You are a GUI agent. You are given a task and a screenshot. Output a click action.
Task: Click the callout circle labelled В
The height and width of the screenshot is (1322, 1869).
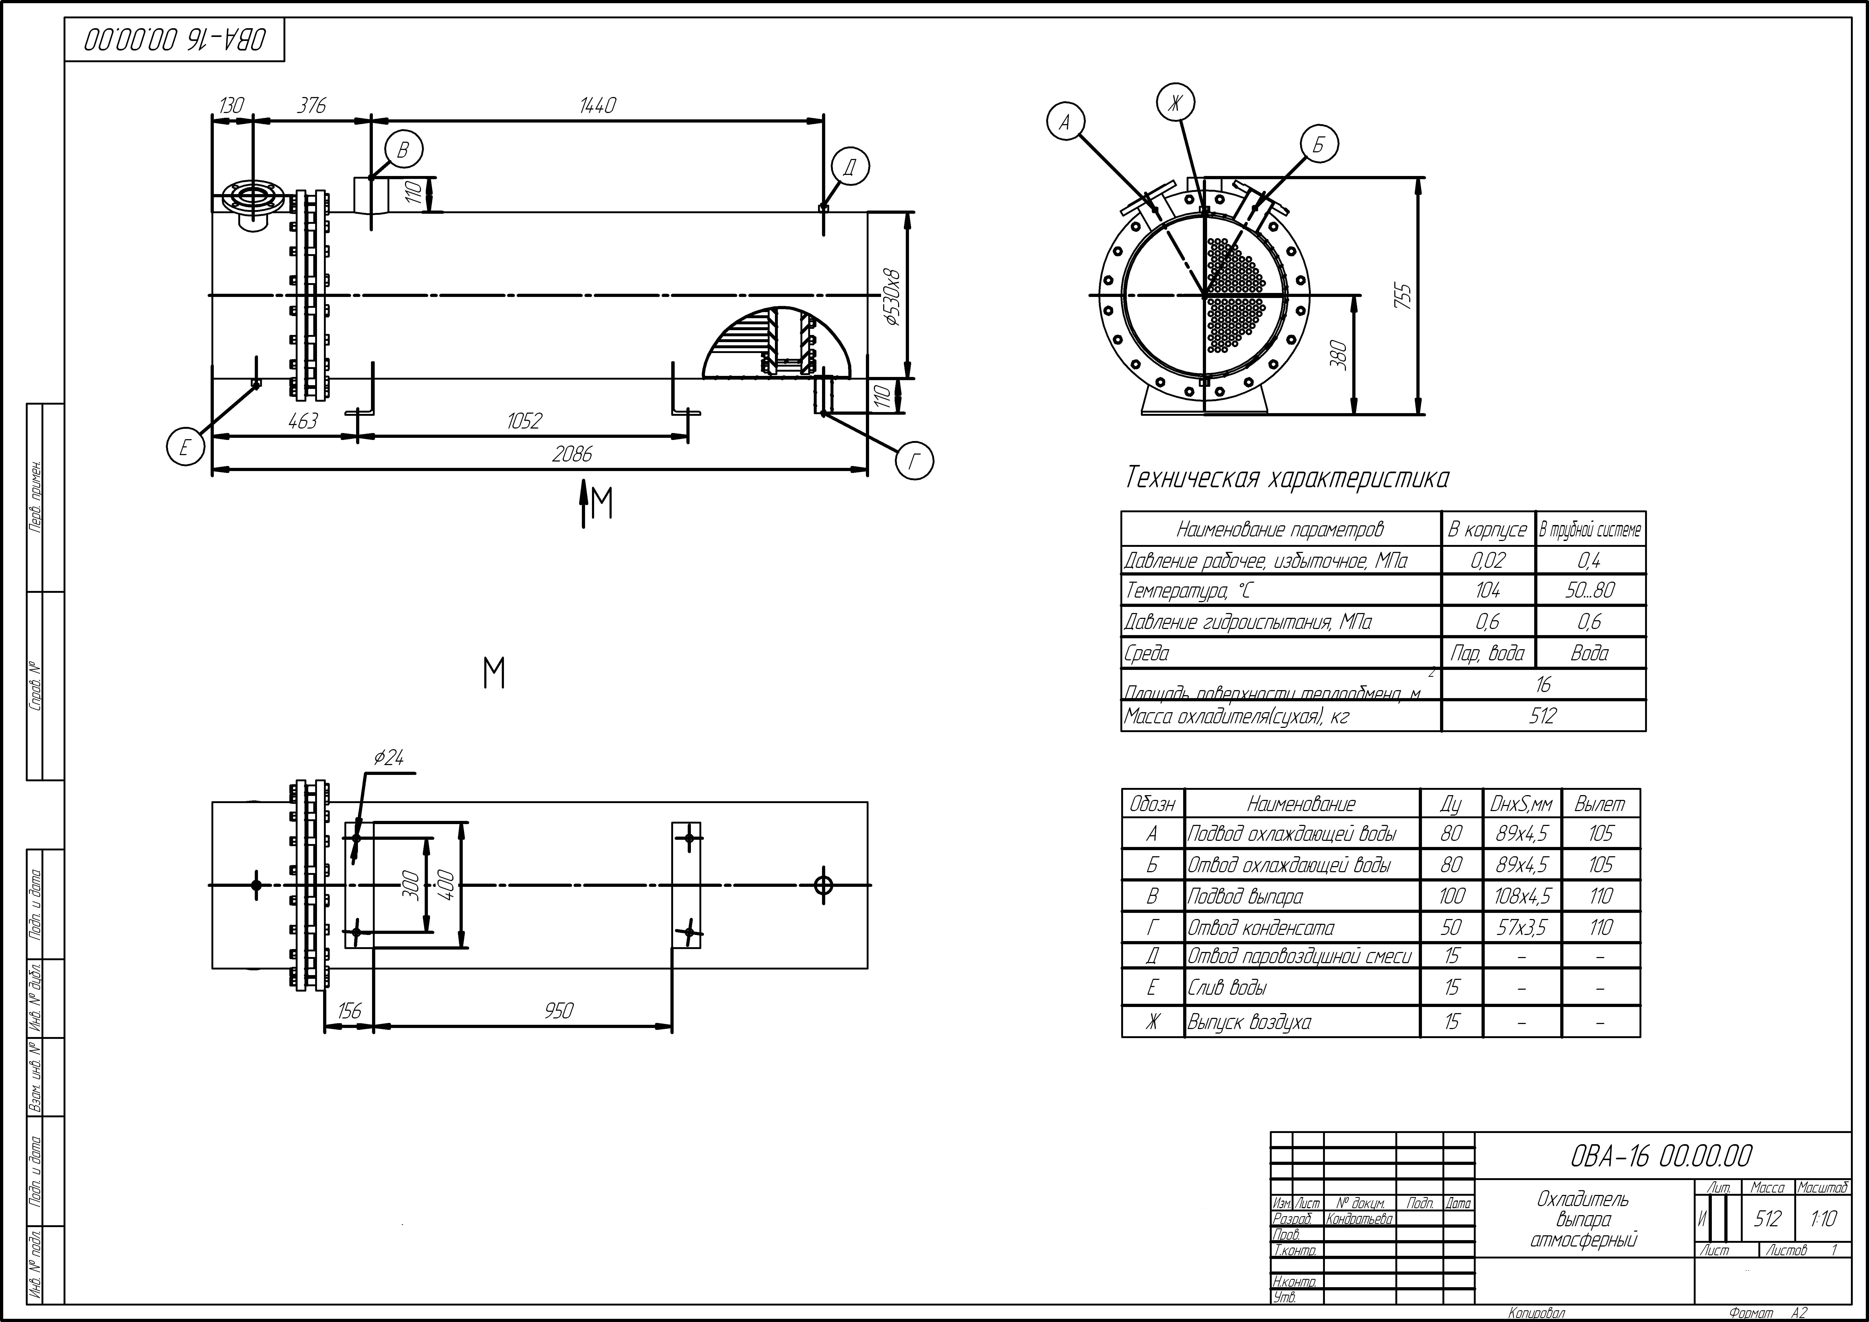pos(403,151)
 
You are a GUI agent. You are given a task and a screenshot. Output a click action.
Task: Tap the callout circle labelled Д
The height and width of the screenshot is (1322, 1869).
pos(850,168)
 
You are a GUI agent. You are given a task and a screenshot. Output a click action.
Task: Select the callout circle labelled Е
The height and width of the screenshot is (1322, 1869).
pos(185,448)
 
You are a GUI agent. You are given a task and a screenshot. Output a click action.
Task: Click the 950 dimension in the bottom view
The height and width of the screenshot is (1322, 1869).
pos(559,1011)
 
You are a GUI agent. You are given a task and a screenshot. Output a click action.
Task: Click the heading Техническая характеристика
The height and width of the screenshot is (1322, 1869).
pos(1287,479)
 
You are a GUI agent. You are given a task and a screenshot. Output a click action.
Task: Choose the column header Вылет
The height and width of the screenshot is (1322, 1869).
pos(1599,804)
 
